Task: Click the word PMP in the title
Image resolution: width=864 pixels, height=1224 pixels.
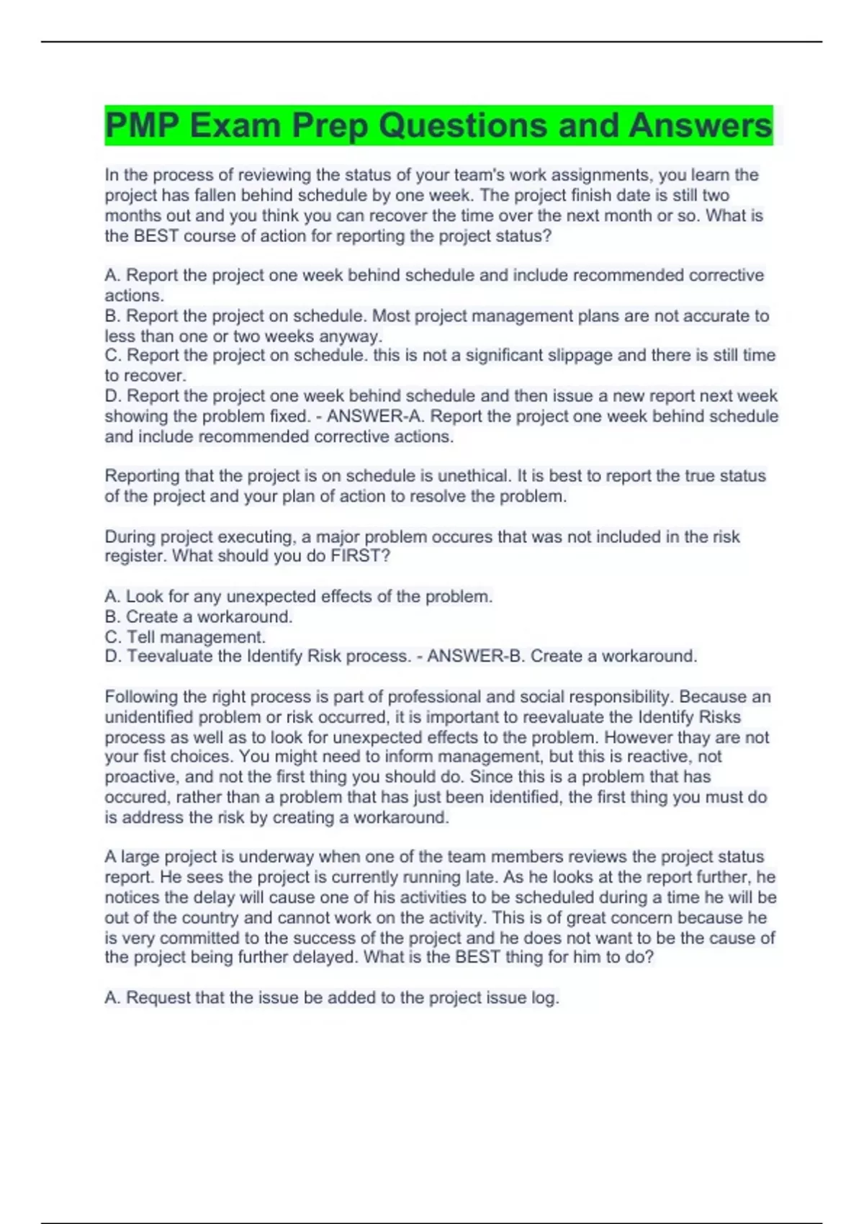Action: tap(141, 125)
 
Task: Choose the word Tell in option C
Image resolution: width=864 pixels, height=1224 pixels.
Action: tap(141, 637)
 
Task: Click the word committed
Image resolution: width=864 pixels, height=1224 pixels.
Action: tap(199, 938)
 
